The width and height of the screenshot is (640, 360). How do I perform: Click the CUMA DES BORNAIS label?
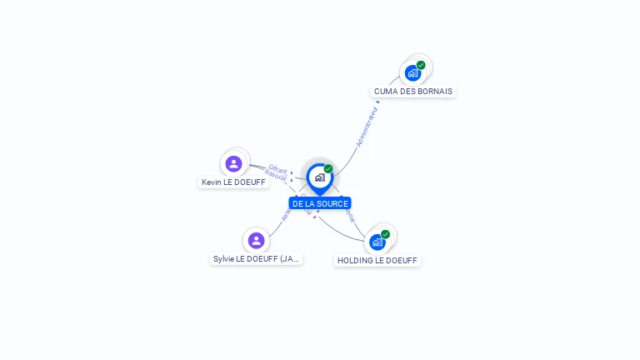point(413,91)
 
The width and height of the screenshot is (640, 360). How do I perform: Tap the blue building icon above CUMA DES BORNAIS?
point(412,73)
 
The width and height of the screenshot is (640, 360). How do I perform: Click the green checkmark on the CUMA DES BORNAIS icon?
point(421,65)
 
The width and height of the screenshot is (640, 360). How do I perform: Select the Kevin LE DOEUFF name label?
point(233,182)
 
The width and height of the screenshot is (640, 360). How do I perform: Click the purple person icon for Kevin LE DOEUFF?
point(233,163)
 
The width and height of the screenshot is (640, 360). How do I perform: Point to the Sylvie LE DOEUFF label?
point(256,259)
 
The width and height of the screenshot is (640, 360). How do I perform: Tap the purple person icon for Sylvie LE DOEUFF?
point(256,241)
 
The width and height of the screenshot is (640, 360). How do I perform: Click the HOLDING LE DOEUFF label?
point(377,260)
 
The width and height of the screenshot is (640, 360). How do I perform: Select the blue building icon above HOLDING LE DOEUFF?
point(377,242)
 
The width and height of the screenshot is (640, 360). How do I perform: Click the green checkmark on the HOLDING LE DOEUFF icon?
point(385,234)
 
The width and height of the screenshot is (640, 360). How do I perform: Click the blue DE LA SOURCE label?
point(320,203)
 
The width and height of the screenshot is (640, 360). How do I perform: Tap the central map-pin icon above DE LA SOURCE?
point(319,177)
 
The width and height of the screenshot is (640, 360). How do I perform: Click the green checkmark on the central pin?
point(328,169)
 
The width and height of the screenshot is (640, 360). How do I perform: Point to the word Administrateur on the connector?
point(367,127)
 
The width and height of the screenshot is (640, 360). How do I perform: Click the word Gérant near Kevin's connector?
point(277,168)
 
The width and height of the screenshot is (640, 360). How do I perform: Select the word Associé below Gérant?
point(275,176)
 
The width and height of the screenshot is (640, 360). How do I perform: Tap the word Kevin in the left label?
point(211,182)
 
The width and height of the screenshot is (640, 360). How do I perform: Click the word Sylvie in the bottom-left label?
point(224,259)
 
